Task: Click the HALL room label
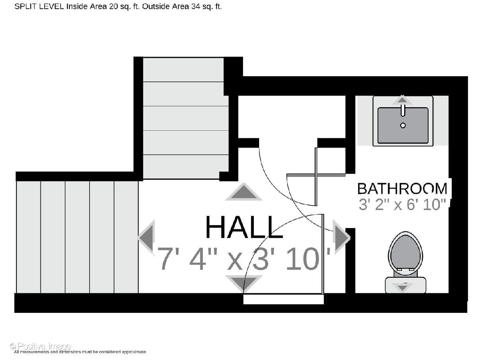coord(244,227)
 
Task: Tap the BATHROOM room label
coord(402,189)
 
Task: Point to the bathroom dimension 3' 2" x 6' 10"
coord(402,205)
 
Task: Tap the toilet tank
coord(406,285)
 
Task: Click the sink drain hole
coord(403,126)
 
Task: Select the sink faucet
coord(403,110)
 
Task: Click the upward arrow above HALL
coord(244,192)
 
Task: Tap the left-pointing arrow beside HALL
coord(146,237)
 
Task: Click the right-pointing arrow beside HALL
coord(341,237)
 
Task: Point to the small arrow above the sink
coord(402,100)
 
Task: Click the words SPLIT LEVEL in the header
coord(39,7)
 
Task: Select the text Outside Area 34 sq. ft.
coord(182,7)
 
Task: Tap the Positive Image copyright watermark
coord(41,347)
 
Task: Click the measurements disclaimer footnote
coord(80,352)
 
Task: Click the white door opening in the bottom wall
coord(284,299)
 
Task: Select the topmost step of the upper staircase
coord(183,69)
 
